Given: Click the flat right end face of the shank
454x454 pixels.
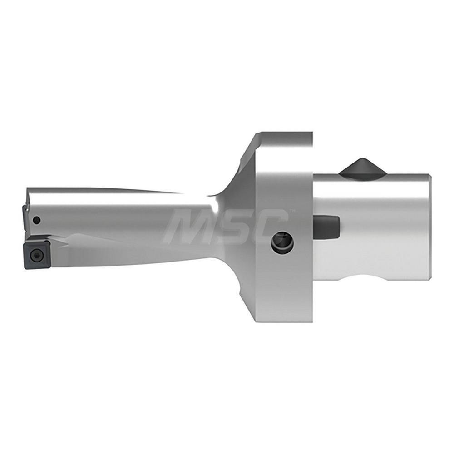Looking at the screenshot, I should pos(429,227).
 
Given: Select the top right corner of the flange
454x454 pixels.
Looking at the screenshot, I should pos(312,133).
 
